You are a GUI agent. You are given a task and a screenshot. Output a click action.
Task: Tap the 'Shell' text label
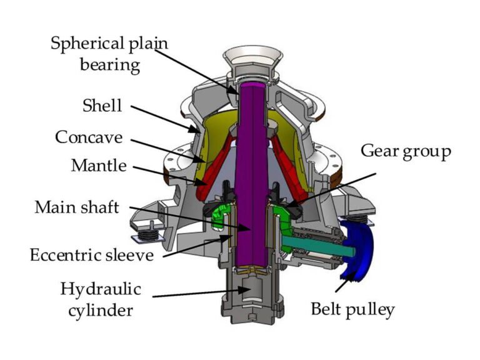(103, 106)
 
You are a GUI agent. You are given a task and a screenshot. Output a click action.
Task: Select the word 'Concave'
(89, 136)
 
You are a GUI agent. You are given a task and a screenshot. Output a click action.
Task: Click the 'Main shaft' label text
(77, 207)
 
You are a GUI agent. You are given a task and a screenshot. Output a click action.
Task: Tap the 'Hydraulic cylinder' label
(101, 299)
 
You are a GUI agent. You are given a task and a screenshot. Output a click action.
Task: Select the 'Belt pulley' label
(353, 309)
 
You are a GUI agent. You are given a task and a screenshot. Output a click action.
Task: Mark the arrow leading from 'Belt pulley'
(341, 285)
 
